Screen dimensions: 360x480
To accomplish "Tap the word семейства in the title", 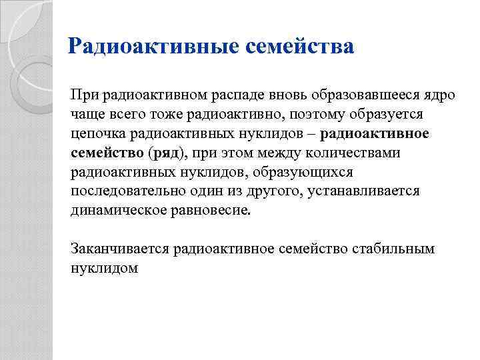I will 301,47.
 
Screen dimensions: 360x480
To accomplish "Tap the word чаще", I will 86,114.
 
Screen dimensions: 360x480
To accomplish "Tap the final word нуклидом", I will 104,269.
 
